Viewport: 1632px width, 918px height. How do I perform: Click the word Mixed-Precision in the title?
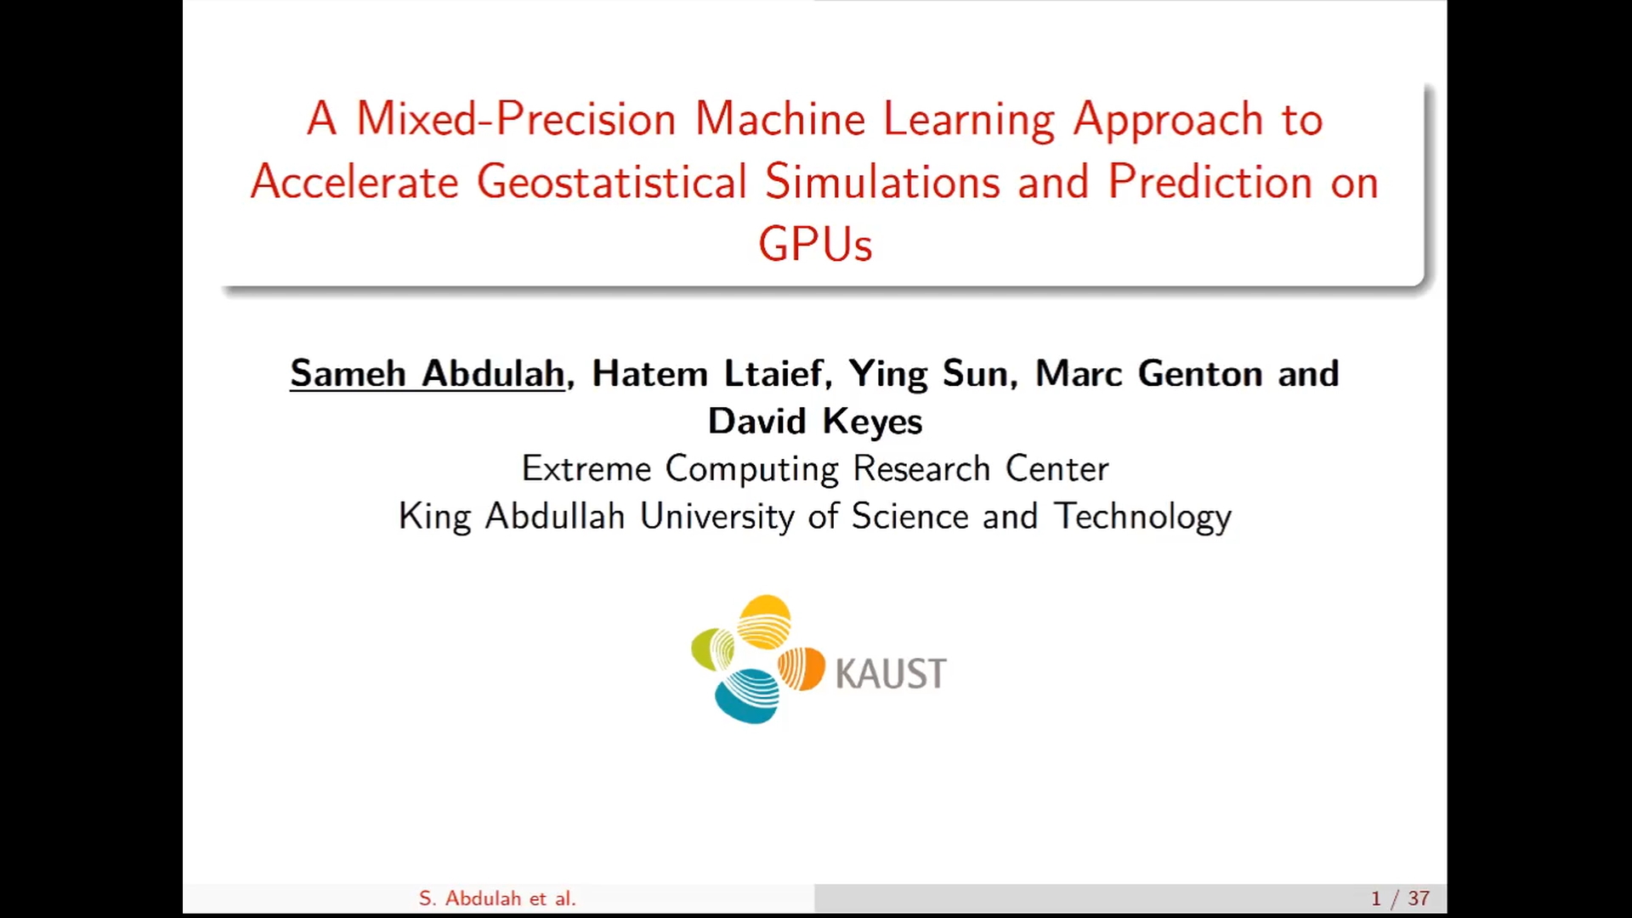(x=516, y=118)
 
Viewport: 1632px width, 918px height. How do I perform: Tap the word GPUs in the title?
(x=815, y=244)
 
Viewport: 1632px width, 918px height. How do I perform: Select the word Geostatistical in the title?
(x=612, y=182)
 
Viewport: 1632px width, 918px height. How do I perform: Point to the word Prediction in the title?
(x=1210, y=181)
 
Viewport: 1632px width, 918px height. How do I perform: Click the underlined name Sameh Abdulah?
(x=428, y=373)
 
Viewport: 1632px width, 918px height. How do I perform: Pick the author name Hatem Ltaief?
(x=707, y=373)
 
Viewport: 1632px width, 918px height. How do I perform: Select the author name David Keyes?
(x=815, y=422)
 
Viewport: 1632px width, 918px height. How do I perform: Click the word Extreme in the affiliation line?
(x=586, y=468)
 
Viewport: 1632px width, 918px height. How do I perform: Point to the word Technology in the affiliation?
(x=1143, y=517)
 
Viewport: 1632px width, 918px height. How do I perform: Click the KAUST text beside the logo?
(x=891, y=674)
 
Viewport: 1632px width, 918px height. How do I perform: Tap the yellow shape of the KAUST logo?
(x=764, y=620)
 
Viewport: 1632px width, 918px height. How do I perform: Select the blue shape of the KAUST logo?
(x=747, y=695)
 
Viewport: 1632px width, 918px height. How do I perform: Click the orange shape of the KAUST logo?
(x=802, y=668)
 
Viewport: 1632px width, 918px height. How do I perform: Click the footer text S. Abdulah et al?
(x=497, y=898)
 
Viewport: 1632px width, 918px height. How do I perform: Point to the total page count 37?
(x=1419, y=898)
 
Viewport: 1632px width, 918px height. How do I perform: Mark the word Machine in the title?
(x=780, y=118)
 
